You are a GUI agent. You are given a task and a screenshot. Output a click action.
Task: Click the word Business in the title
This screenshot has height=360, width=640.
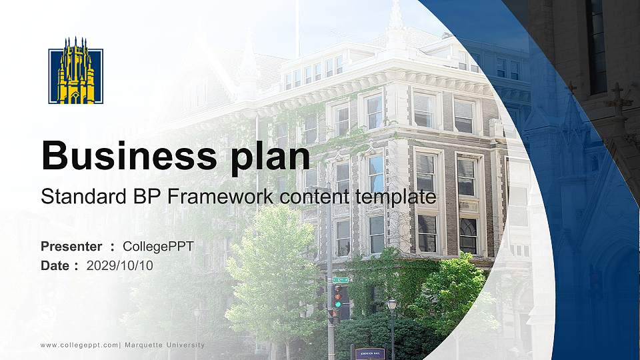pos(125,156)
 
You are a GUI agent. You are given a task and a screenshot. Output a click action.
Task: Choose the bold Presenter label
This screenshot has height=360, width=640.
pos(71,247)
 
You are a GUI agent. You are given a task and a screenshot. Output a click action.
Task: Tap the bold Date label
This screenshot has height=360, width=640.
pos(55,265)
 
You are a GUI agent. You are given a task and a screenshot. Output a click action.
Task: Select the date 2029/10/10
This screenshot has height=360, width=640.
pos(120,265)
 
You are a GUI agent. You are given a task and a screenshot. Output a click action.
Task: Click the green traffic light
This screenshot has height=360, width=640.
pos(338,304)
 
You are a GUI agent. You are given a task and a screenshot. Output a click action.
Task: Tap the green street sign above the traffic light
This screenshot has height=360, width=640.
pos(340,279)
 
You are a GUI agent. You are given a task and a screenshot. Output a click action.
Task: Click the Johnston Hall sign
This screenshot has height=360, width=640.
pos(370,353)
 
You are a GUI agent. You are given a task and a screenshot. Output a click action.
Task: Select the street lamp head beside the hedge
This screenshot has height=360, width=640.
pos(392,304)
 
